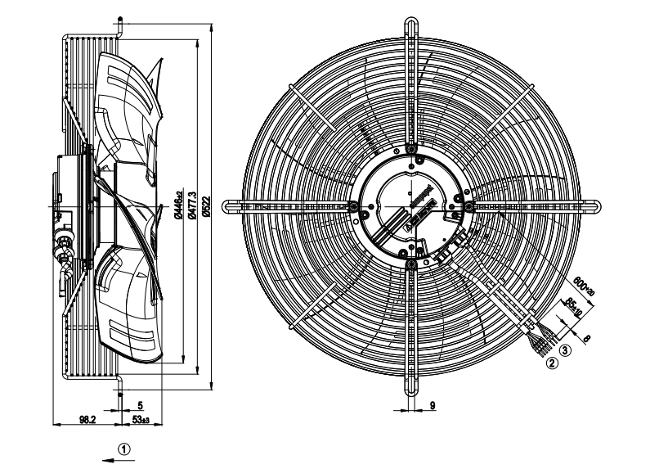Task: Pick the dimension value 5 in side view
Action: tap(141, 404)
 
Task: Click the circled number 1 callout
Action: tap(123, 449)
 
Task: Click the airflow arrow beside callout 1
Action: tap(109, 460)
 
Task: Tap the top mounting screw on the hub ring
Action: tap(410, 151)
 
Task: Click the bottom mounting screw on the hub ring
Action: tap(410, 262)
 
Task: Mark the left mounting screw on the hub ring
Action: tap(353, 206)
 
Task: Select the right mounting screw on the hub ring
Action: tap(468, 207)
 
